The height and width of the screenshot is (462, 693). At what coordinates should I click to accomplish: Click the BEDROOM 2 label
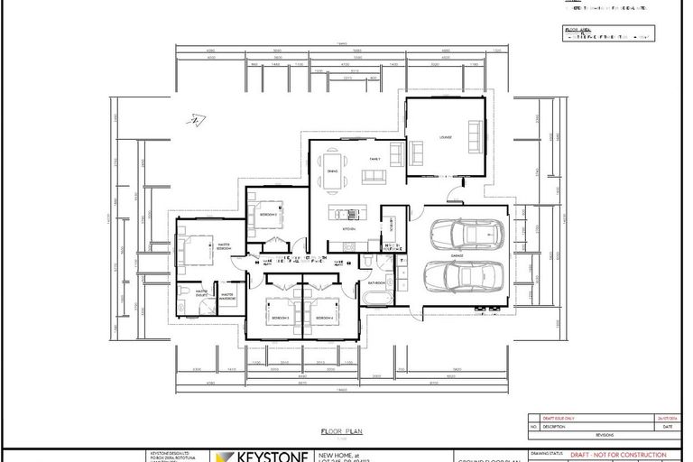269,215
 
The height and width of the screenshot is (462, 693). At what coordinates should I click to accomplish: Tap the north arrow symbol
192,121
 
